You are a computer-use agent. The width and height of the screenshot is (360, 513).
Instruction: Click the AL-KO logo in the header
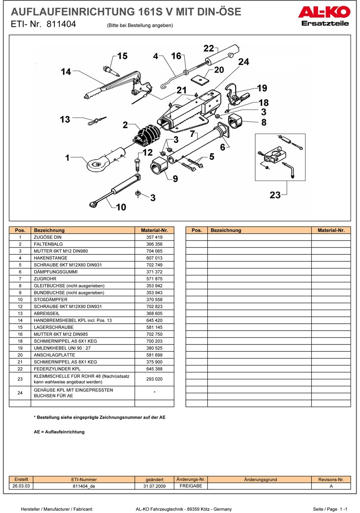click(323, 12)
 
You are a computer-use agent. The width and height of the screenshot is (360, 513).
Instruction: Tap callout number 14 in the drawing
click(66, 72)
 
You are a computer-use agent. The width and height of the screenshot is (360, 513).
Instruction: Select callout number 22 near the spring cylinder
click(209, 48)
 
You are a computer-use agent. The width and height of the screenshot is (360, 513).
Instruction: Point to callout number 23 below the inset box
click(275, 195)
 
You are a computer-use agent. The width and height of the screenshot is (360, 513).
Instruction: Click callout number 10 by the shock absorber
click(121, 207)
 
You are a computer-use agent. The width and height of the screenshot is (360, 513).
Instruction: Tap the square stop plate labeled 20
click(200, 80)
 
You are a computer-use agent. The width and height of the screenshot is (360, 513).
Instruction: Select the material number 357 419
click(154, 237)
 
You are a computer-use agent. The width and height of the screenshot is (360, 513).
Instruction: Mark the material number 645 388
click(154, 369)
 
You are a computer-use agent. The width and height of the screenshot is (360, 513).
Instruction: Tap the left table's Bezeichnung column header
click(49, 230)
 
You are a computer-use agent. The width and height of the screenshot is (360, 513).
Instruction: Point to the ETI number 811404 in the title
click(59, 25)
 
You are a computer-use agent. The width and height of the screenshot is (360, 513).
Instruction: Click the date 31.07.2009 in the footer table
click(155, 486)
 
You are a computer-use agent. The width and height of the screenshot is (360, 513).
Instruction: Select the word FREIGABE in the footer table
click(191, 486)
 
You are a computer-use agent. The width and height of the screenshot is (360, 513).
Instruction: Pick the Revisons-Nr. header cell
click(331, 479)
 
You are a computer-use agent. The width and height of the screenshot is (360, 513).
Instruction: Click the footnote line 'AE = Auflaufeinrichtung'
click(59, 432)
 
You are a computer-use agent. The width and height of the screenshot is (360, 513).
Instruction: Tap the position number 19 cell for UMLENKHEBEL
click(20, 348)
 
